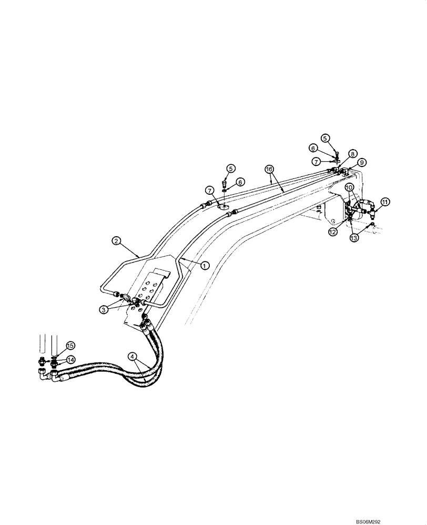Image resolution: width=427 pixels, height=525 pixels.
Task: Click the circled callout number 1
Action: click(x=205, y=266)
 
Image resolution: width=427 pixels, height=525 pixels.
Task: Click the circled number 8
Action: click(x=352, y=153)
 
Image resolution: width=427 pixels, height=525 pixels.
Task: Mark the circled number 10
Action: click(x=349, y=187)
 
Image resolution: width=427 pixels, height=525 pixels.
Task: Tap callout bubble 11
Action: click(x=385, y=201)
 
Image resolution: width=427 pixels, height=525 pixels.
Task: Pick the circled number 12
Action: click(x=332, y=232)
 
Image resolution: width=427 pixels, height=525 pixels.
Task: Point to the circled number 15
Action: click(x=70, y=345)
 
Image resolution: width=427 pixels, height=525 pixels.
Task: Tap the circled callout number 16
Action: click(x=269, y=170)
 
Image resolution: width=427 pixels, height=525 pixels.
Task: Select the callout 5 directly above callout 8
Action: click(x=326, y=138)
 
